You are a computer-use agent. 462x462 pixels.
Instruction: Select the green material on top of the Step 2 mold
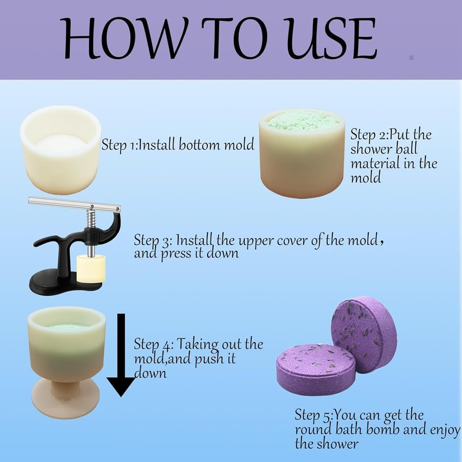[302, 121]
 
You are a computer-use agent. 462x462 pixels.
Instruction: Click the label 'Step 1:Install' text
[139, 145]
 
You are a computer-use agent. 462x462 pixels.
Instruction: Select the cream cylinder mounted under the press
[91, 269]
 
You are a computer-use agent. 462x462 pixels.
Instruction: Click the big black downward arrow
[121, 355]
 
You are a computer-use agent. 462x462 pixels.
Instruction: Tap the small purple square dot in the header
[411, 57]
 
